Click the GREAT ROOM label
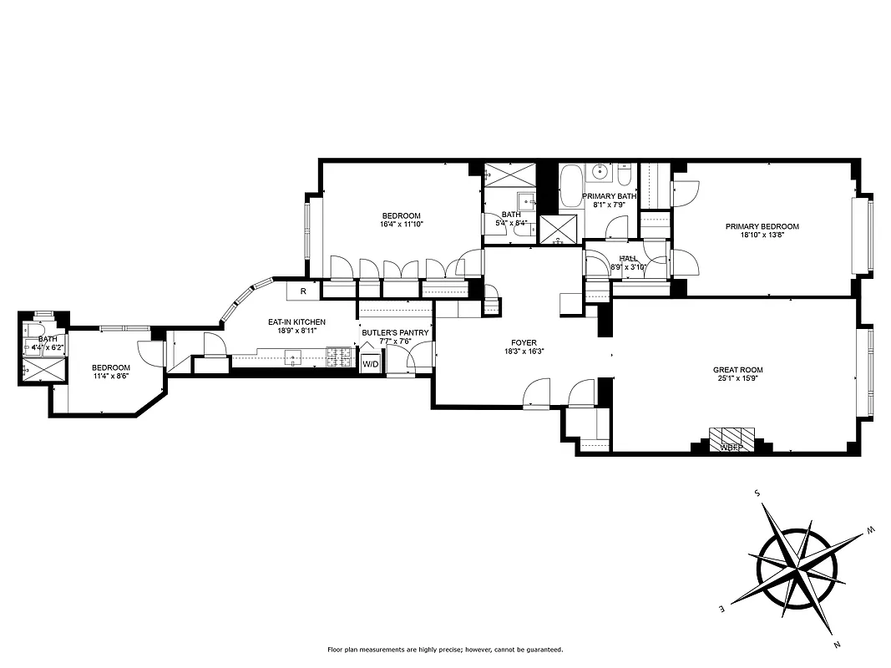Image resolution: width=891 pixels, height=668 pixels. (737, 370)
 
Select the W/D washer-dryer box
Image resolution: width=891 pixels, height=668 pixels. (369, 364)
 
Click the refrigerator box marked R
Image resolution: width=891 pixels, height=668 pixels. (302, 291)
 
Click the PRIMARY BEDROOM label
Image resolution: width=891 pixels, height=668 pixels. (762, 226)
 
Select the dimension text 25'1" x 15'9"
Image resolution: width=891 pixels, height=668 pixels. (737, 379)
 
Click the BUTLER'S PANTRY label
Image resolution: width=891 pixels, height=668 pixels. (395, 332)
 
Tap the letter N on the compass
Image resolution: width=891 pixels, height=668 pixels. (837, 644)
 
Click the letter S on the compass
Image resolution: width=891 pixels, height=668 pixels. (757, 493)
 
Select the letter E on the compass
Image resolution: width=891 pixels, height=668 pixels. (723, 610)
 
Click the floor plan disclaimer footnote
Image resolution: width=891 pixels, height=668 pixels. (445, 650)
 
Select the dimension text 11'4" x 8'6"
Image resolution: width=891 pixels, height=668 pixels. (110, 377)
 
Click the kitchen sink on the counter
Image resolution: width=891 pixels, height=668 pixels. (293, 358)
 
